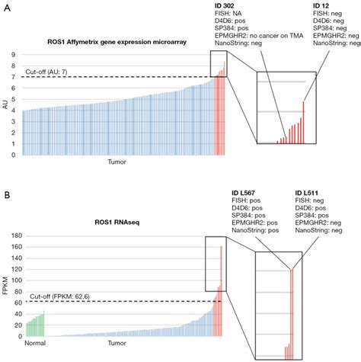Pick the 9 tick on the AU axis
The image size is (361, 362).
click(14, 55)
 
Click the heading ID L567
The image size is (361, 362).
click(245, 192)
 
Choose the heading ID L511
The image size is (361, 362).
click(309, 192)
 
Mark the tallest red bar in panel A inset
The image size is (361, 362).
click(303, 122)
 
